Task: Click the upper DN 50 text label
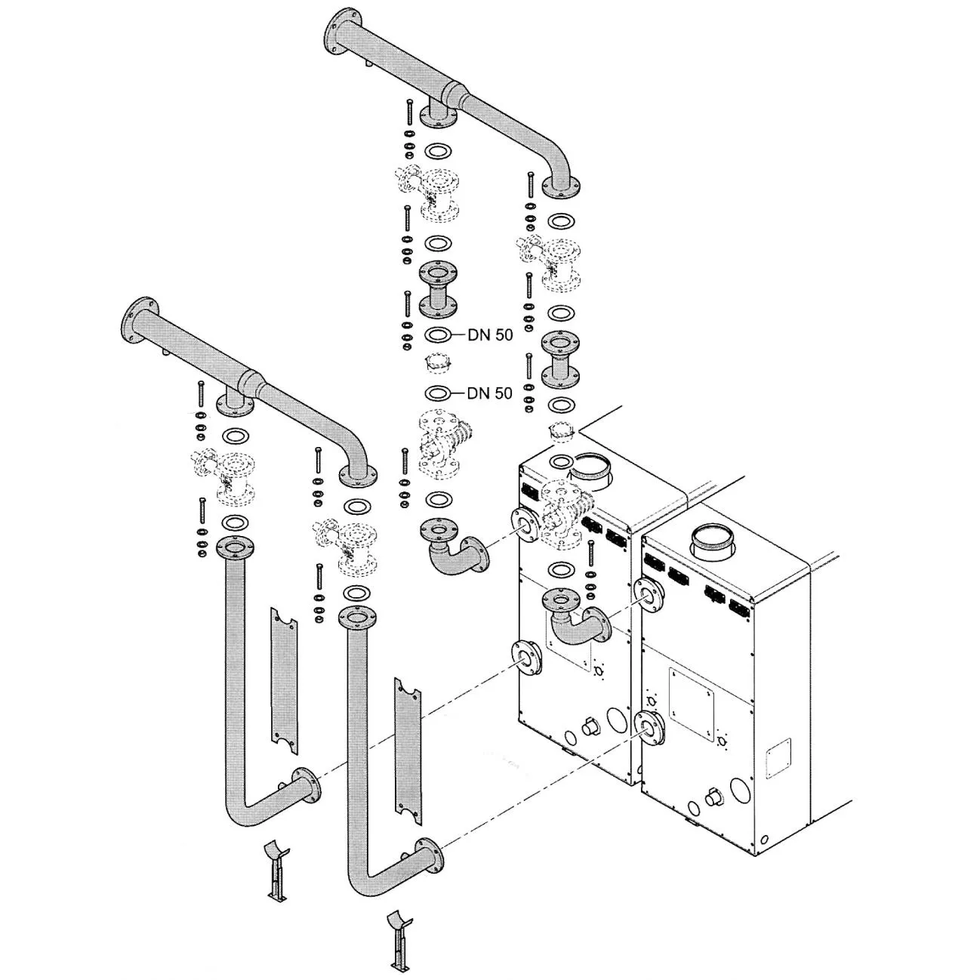click(490, 335)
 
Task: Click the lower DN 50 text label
click(490, 393)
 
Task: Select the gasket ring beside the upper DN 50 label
click(437, 335)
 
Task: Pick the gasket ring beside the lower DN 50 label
click(437, 393)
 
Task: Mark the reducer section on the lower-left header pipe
click(252, 385)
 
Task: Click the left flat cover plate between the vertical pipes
click(285, 682)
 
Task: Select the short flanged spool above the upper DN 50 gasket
click(437, 290)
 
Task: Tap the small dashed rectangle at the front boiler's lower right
click(778, 759)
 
